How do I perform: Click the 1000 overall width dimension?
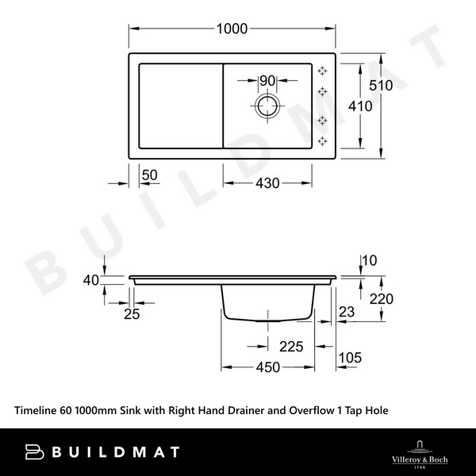[x=232, y=29]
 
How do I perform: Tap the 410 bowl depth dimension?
[x=361, y=105]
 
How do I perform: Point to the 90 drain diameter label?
[x=267, y=81]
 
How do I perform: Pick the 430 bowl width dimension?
[x=267, y=183]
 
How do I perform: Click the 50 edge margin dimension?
[x=149, y=175]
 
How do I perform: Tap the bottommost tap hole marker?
[x=323, y=141]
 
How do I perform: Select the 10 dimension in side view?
[x=369, y=259]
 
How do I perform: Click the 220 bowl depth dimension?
[x=381, y=299]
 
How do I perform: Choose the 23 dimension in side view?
[x=346, y=313]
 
